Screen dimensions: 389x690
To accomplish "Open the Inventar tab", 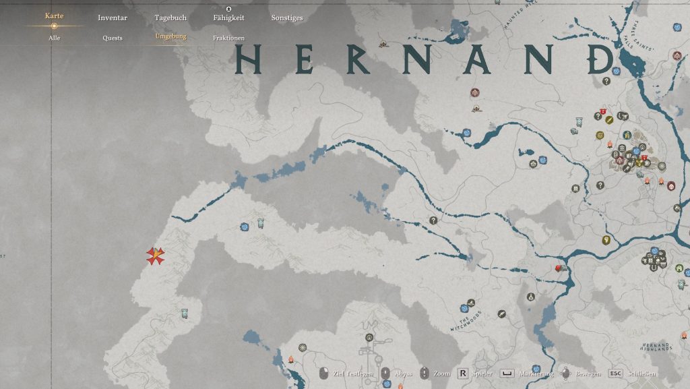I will coord(112,18).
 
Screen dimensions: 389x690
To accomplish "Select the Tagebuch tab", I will coord(170,18).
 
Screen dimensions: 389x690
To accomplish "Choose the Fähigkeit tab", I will coord(228,18).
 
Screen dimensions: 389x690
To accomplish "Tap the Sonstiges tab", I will coord(287,18).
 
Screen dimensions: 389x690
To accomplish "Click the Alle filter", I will coord(54,38).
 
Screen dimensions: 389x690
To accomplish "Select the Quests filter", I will coord(113,38).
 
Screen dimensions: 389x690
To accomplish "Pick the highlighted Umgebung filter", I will coord(170,36).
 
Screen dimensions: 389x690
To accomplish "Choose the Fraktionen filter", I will coord(228,38).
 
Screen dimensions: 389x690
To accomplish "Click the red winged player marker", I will coord(156,256).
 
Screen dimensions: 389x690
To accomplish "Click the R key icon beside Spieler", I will coord(463,373).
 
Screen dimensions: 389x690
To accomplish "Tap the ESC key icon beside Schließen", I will coord(615,373).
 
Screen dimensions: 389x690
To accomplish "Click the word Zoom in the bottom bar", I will coord(441,373).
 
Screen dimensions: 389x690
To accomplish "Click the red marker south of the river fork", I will coord(558,269).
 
